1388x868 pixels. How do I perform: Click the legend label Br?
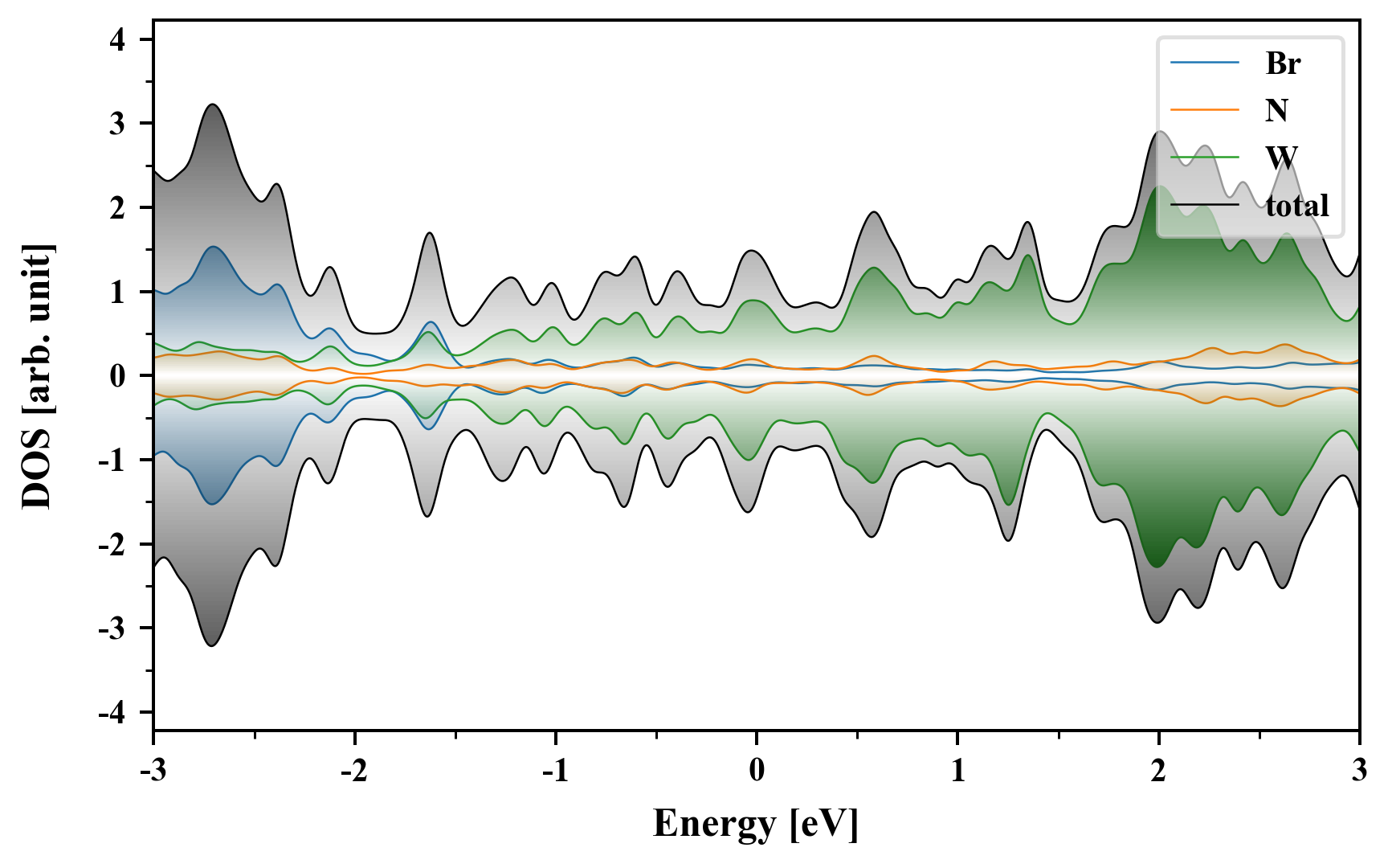coord(1283,63)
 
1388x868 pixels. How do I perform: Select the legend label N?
coord(1276,110)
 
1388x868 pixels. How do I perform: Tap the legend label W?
coord(1281,158)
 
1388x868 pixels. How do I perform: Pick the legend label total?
coord(1297,206)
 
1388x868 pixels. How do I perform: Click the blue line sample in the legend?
coord(1205,63)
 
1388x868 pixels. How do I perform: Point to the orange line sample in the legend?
coord(1205,110)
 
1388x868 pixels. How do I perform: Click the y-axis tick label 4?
coord(118,39)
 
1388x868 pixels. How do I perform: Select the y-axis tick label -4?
coord(112,712)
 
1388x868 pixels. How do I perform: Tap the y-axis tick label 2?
coord(118,207)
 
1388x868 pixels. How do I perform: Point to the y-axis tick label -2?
coord(112,544)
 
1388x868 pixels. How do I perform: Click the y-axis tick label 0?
coord(118,376)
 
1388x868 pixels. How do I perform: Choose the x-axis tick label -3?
coord(153,770)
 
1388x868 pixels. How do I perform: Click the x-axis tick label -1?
coord(555,770)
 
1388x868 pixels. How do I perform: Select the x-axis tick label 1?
coord(957,770)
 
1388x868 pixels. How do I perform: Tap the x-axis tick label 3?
coord(1359,770)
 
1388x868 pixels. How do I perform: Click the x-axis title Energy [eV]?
coord(756,823)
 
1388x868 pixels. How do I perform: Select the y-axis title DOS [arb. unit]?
coord(37,376)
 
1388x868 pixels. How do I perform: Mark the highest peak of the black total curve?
coord(212,104)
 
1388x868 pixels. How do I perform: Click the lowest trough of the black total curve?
coord(212,646)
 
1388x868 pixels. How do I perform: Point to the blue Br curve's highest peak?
coord(214,247)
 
